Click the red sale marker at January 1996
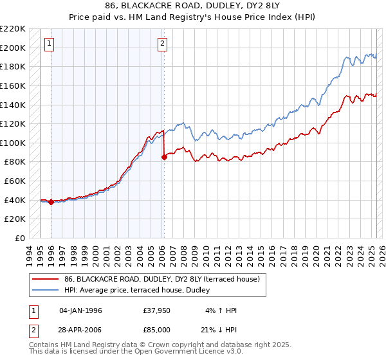click(x=51, y=202)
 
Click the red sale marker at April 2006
click(x=164, y=156)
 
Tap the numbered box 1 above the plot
click(x=50, y=44)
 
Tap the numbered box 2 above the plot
click(x=162, y=44)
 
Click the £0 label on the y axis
click(x=20, y=238)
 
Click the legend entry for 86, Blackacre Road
click(x=161, y=279)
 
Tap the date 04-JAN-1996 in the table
click(x=80, y=310)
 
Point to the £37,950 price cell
click(x=157, y=310)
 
